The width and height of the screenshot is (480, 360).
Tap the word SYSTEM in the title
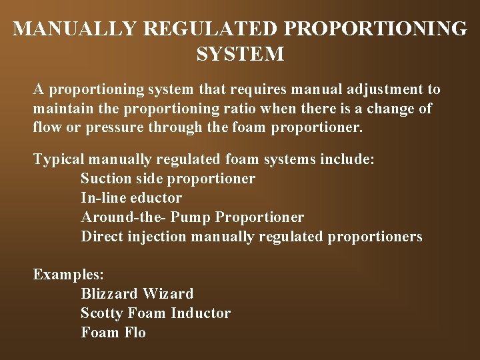click(240, 54)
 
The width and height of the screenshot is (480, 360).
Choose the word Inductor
click(201, 313)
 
